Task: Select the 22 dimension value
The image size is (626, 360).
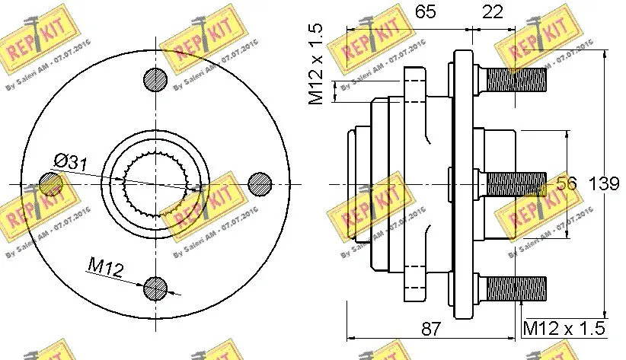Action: (493, 12)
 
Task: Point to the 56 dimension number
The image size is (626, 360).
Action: (566, 183)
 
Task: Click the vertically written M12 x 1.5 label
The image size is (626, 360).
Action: (317, 64)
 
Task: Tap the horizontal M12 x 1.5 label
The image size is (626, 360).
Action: (564, 328)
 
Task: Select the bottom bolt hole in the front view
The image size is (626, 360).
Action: (155, 287)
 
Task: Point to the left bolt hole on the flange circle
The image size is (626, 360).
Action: (50, 183)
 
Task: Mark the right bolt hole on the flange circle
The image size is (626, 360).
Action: (260, 183)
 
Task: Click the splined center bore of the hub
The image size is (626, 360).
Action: (155, 183)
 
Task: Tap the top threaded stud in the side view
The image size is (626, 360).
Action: (514, 78)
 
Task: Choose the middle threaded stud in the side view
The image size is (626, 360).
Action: (514, 183)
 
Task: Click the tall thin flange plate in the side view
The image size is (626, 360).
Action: (462, 183)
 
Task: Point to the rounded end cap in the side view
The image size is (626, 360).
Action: (358, 183)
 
